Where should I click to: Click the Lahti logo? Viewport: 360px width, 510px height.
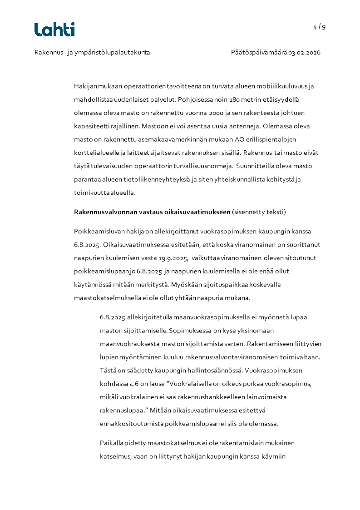[54, 30]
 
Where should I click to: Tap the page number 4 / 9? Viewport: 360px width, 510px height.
[319, 27]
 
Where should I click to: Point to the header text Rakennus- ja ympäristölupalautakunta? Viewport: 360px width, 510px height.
[92, 52]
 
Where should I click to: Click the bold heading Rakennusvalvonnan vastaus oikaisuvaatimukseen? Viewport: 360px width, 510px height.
[152, 212]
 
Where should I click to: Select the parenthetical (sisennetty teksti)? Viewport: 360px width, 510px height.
[259, 212]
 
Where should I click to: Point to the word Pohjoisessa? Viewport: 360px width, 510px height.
[195, 99]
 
